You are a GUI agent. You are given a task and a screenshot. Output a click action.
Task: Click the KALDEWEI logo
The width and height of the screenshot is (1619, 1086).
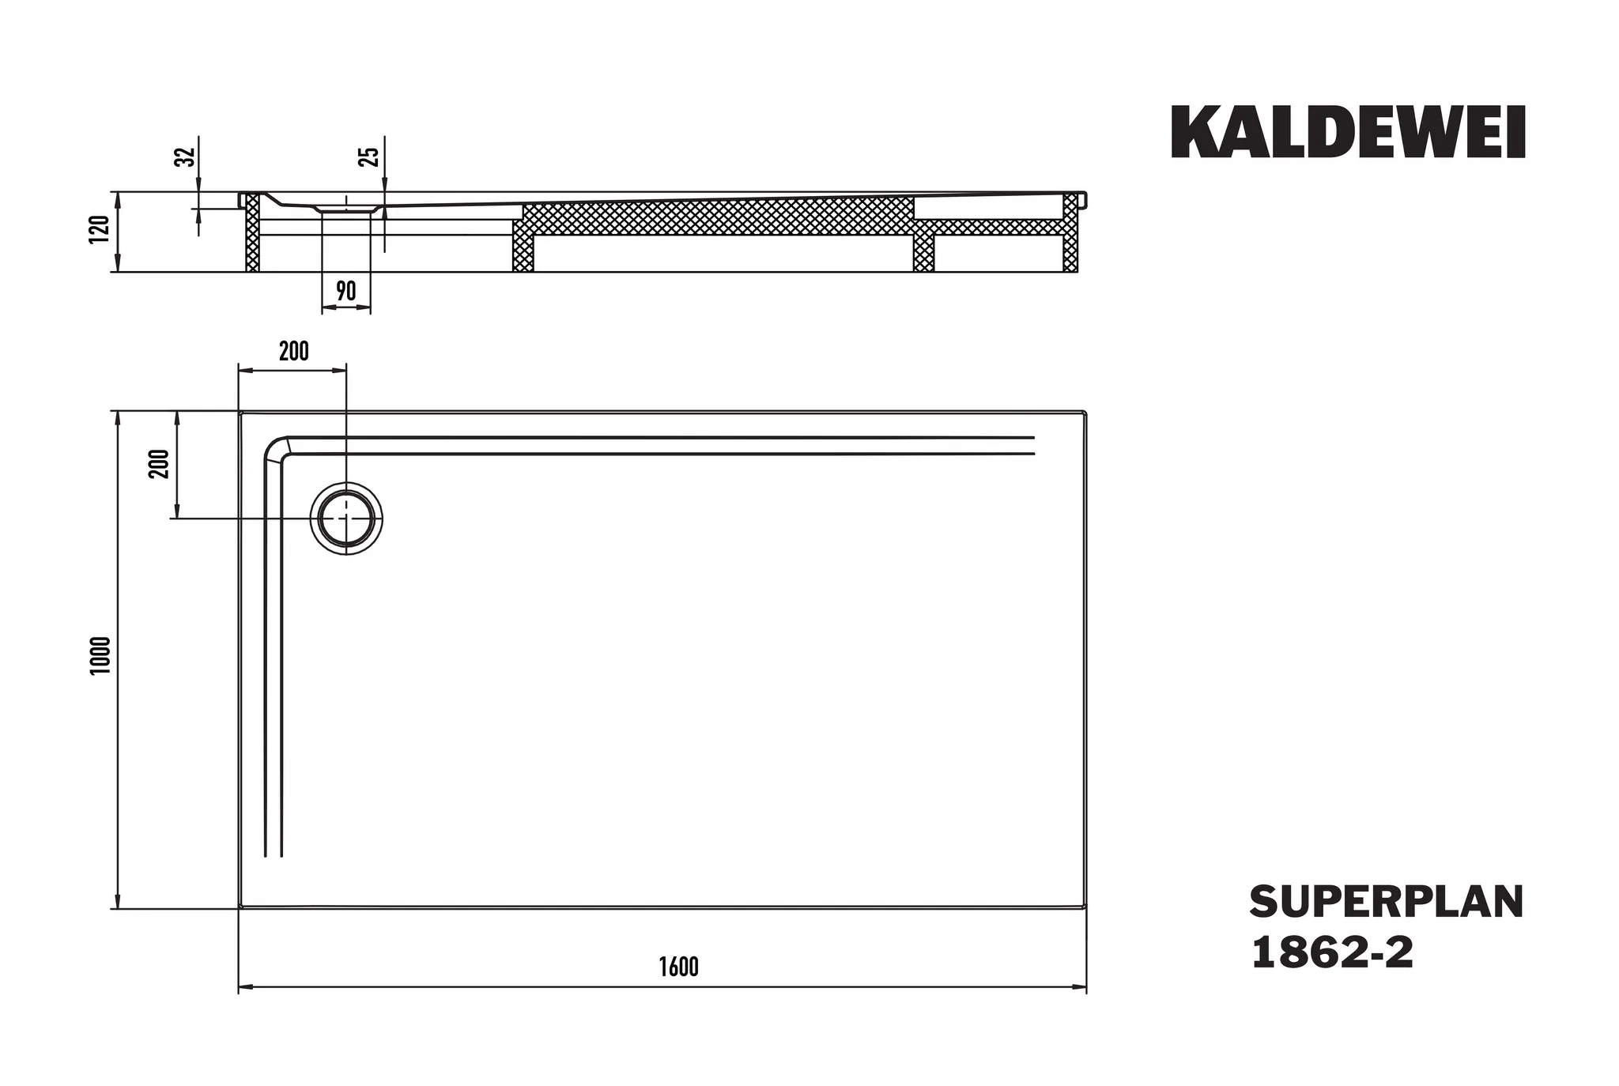1347,133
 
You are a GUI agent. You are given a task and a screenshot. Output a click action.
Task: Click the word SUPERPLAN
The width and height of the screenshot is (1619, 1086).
1386,903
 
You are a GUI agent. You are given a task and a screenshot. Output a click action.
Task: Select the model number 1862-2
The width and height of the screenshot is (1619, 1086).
1331,952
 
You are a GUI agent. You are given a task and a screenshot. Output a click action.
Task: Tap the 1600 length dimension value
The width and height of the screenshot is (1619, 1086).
679,967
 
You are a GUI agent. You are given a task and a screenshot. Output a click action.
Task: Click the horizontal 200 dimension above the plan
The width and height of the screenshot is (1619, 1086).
293,351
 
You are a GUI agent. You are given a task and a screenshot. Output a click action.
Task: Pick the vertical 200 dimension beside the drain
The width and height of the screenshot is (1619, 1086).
159,463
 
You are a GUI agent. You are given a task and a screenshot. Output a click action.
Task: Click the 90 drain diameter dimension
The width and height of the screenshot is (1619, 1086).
346,291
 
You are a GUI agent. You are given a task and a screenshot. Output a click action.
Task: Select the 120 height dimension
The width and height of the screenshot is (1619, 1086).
100,229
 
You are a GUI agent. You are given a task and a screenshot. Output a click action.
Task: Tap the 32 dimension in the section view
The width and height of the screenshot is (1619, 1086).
184,156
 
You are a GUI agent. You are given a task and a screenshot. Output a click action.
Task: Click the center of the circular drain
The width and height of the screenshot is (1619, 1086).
346,518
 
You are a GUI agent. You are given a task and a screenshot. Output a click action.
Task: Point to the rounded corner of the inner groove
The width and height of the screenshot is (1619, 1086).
275,448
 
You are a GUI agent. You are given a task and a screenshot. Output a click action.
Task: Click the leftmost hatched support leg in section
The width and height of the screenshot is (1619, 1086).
252,233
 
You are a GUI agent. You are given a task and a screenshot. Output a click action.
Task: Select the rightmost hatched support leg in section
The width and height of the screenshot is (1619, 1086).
1070,233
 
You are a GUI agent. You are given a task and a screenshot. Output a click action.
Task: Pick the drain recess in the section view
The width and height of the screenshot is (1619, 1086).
345,208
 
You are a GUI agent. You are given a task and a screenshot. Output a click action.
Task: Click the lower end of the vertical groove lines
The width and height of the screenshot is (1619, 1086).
274,854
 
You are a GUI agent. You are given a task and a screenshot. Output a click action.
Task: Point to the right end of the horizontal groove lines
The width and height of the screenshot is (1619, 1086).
1032,445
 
